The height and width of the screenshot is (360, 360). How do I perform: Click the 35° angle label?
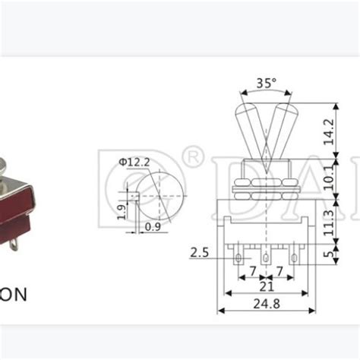coord(266,83)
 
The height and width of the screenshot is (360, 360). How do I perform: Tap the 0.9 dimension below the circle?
coord(153,226)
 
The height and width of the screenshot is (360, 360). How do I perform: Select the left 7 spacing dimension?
coord(252,270)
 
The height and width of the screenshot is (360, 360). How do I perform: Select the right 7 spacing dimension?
coord(279,270)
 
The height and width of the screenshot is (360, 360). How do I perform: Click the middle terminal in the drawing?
coord(265,258)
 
